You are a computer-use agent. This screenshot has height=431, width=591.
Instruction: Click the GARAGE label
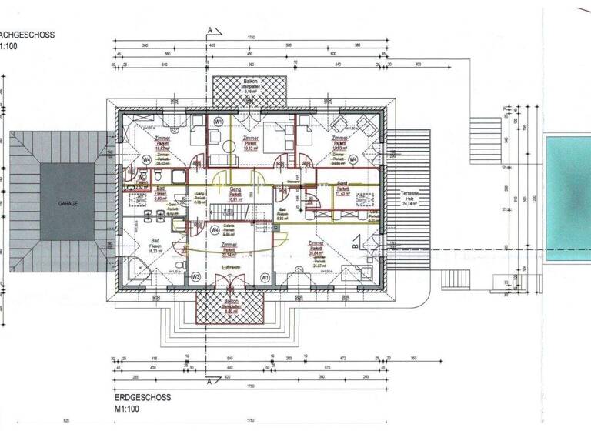pos(68,205)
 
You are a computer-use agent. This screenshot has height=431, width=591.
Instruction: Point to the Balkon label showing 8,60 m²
pos(229,306)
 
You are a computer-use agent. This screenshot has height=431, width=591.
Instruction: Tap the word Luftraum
pos(232,266)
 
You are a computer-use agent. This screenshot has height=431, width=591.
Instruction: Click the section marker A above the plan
pos(209,30)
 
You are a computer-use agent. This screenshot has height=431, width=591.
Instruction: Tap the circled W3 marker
pos(195,276)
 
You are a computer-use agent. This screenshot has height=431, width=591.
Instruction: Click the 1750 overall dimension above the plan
pos(250,38)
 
